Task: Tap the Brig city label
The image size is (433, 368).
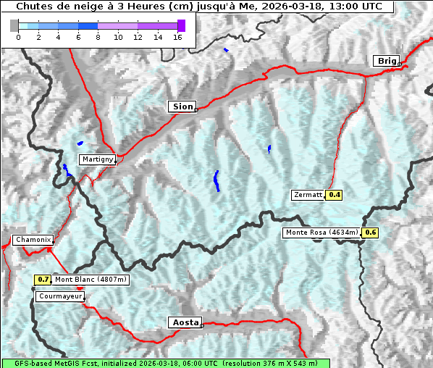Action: click(x=385, y=61)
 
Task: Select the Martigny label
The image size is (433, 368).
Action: click(x=96, y=159)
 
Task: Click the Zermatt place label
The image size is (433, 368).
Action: click(x=308, y=195)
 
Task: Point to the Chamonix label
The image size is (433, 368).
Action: click(x=33, y=240)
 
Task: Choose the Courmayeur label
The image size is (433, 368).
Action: click(x=60, y=296)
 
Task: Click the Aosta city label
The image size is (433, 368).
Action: click(x=184, y=322)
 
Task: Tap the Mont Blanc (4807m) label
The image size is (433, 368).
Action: click(x=91, y=280)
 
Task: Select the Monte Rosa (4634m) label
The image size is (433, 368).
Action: click(x=321, y=233)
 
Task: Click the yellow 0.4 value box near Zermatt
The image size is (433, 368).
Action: click(x=334, y=195)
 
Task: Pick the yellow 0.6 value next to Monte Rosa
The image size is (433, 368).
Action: click(x=370, y=233)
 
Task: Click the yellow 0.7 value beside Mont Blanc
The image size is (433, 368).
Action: click(x=43, y=280)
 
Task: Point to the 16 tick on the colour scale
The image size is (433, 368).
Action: click(x=177, y=37)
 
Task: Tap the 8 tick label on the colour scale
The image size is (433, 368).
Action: click(x=98, y=37)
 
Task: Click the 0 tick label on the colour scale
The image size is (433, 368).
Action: click(x=18, y=37)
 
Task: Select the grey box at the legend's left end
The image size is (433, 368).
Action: click(x=14, y=25)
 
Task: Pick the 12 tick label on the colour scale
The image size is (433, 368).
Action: click(x=138, y=37)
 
